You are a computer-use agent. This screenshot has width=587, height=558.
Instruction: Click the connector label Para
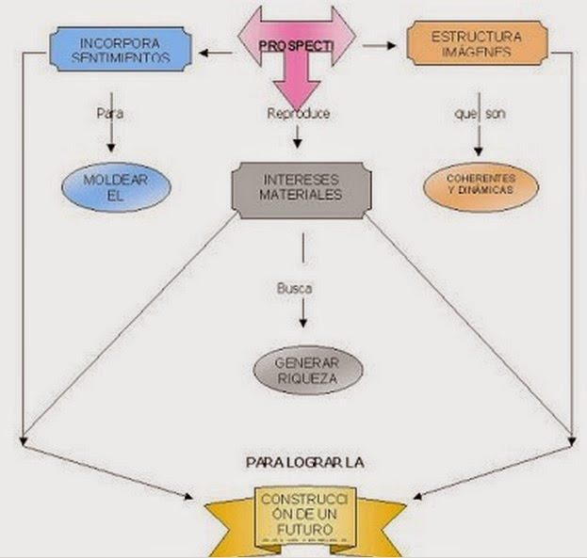click(110, 114)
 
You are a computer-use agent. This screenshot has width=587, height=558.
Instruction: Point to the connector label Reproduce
click(299, 114)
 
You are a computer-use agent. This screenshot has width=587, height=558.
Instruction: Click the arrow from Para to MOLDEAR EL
click(111, 138)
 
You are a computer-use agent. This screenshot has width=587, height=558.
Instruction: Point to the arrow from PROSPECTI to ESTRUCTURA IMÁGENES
click(380, 44)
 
